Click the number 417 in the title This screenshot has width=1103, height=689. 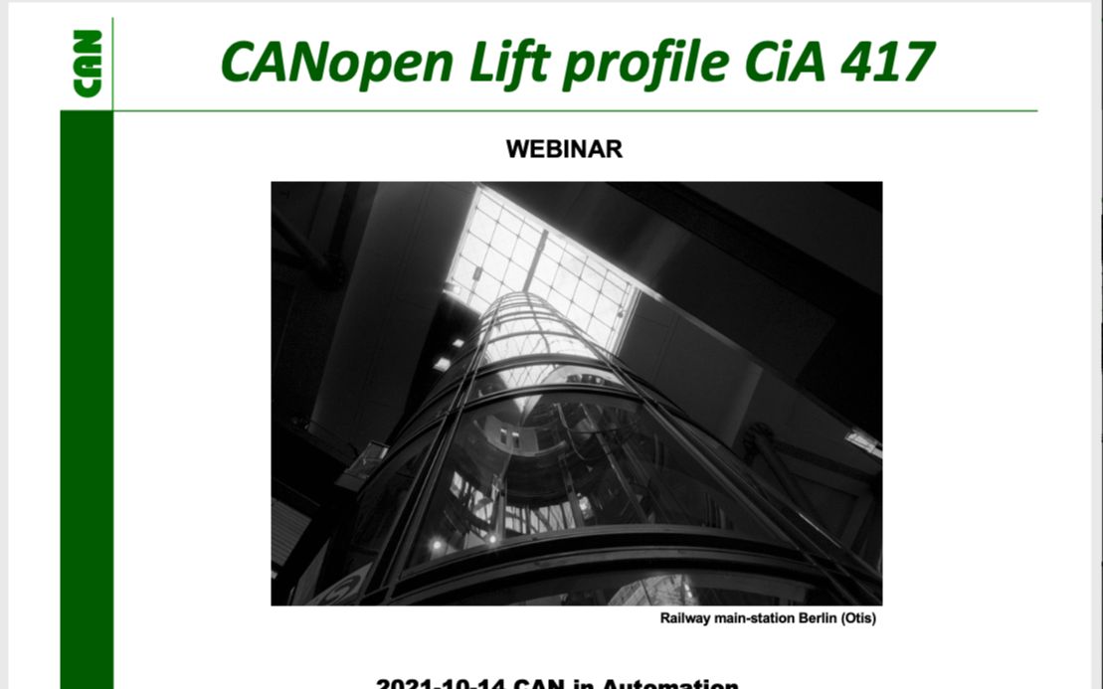[888, 62]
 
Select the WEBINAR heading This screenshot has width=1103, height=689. [564, 149]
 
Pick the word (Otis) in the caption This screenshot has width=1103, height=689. [858, 618]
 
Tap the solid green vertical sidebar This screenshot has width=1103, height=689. [87, 398]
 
